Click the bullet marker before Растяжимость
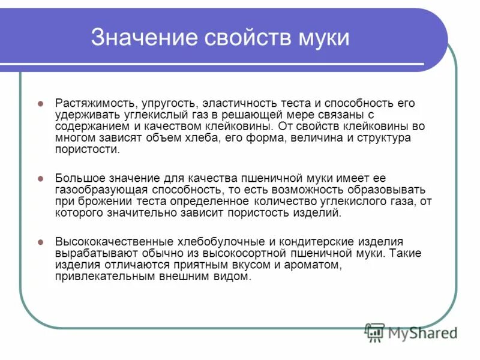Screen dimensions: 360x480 (x=41, y=103)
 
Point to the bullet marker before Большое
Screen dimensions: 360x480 (x=41, y=178)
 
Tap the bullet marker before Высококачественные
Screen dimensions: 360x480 (x=41, y=242)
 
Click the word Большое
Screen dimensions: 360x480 (x=78, y=178)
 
